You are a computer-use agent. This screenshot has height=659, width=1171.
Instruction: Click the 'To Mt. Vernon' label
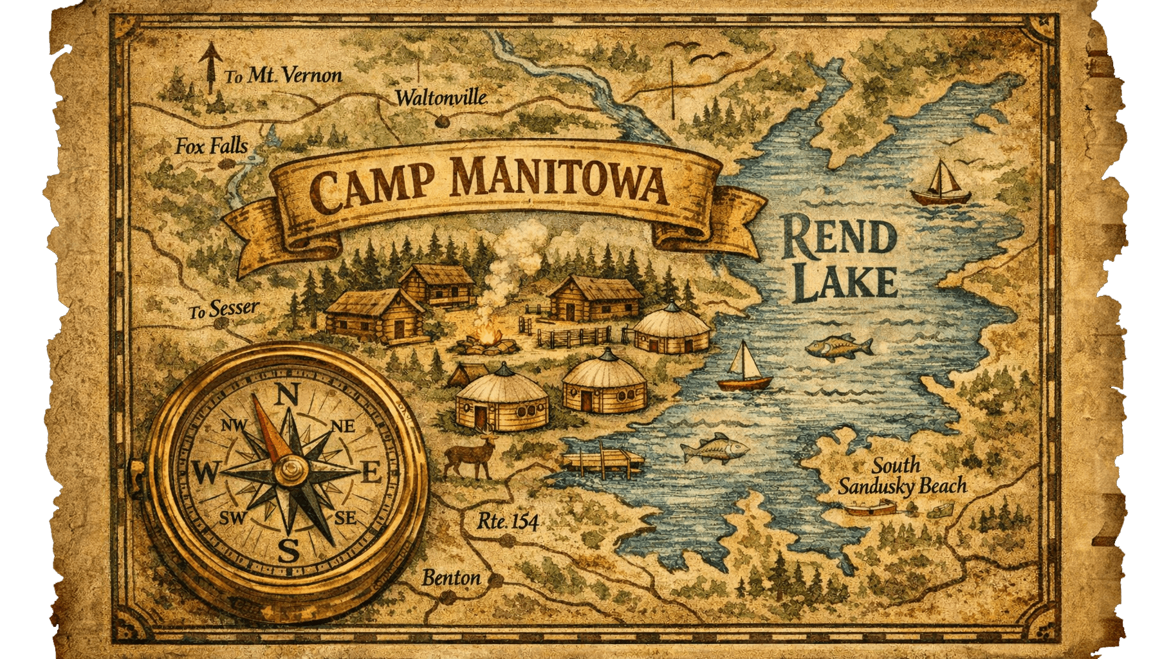point(283,76)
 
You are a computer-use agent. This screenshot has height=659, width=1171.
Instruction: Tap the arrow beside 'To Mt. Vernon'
point(208,68)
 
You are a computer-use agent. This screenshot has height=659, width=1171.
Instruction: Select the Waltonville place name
point(441,98)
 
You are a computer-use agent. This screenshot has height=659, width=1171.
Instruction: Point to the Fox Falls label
point(211,147)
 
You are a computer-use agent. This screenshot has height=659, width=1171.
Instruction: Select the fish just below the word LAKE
point(838,346)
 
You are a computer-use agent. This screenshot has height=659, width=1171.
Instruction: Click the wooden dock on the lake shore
point(602,461)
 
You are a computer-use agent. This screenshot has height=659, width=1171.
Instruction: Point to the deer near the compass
point(472,455)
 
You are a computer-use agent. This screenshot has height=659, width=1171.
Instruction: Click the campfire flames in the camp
point(490,336)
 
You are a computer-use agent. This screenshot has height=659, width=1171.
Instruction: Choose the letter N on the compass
point(288,393)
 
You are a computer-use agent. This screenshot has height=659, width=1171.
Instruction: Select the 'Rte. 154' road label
point(508,521)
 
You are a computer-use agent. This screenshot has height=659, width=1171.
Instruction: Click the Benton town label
point(451,578)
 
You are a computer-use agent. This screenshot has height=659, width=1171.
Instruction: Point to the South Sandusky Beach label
point(901,476)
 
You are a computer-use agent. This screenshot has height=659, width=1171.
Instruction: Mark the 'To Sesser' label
point(223,311)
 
